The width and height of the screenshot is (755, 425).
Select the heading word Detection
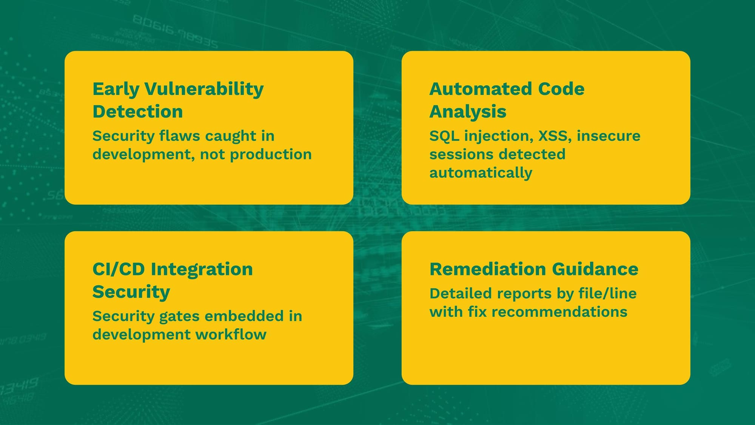(138, 111)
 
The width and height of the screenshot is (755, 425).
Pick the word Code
(561, 89)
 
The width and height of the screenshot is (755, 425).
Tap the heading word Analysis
(468, 112)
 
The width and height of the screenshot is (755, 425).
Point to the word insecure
(609, 136)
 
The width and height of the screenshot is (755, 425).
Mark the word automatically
(481, 173)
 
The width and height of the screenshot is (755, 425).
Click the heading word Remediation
(488, 269)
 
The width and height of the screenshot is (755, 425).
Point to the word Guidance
(595, 269)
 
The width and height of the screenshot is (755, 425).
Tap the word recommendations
(559, 312)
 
